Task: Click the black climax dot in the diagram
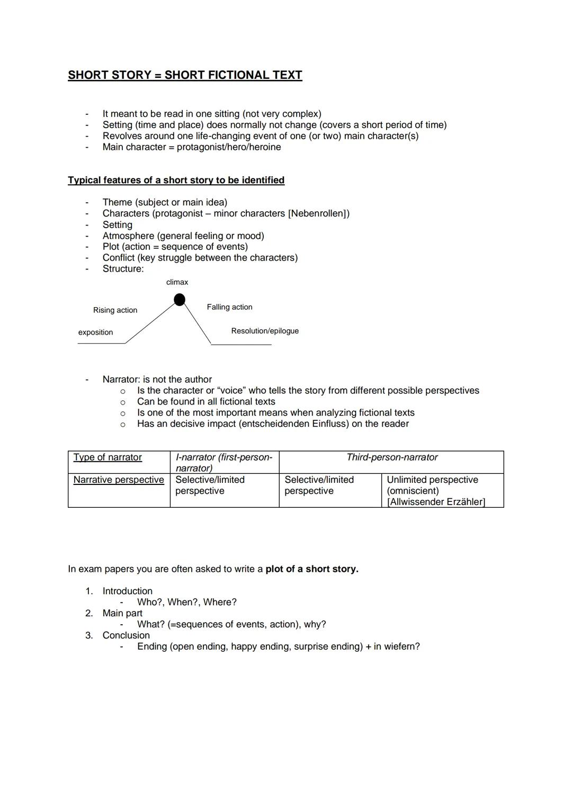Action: (180, 300)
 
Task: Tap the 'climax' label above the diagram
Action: (177, 282)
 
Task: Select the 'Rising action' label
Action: (115, 310)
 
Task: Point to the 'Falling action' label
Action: (229, 307)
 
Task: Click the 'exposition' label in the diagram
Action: (95, 332)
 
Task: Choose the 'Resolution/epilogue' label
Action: (265, 331)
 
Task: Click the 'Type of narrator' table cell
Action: (108, 457)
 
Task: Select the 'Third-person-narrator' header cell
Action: (392, 457)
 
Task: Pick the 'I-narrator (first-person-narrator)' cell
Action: (224, 462)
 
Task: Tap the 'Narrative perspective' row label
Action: (119, 480)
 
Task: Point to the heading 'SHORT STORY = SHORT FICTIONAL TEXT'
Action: (185, 75)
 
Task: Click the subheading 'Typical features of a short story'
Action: (176, 180)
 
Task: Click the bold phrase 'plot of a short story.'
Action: (312, 569)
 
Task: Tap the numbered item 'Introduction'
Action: (127, 591)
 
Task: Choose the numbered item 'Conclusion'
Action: (126, 635)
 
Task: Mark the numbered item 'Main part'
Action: (122, 613)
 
